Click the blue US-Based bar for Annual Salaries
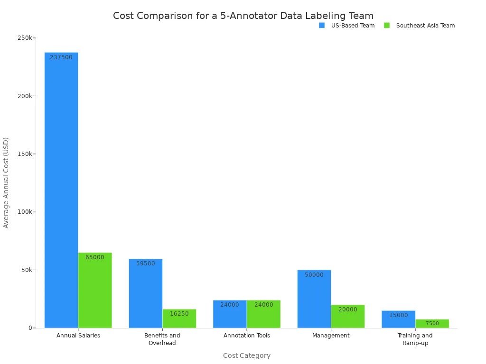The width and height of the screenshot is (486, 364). click(x=61, y=190)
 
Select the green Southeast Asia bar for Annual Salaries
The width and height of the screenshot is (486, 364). click(x=95, y=290)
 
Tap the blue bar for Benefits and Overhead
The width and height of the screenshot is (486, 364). click(x=145, y=293)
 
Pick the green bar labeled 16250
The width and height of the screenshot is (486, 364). click(x=179, y=318)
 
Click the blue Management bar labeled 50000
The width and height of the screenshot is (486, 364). click(x=314, y=299)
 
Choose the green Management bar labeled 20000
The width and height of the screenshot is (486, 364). click(x=348, y=316)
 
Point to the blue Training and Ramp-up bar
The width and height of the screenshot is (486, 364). click(x=398, y=319)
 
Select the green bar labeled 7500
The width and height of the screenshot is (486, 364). click(x=432, y=323)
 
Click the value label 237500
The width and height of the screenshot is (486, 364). click(x=61, y=57)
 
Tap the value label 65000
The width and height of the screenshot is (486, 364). click(x=95, y=257)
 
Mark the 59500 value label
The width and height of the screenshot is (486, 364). click(x=146, y=264)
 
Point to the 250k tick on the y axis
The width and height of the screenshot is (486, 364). click(x=26, y=38)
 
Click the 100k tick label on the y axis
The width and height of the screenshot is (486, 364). click(x=26, y=212)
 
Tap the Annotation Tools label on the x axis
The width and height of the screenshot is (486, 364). click(x=247, y=336)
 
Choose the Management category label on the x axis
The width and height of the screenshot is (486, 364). click(x=331, y=336)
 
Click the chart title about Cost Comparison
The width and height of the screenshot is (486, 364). click(x=243, y=16)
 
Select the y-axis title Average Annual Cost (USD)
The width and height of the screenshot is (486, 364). click(x=6, y=182)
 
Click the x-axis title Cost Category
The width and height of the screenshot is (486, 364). click(x=247, y=355)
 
